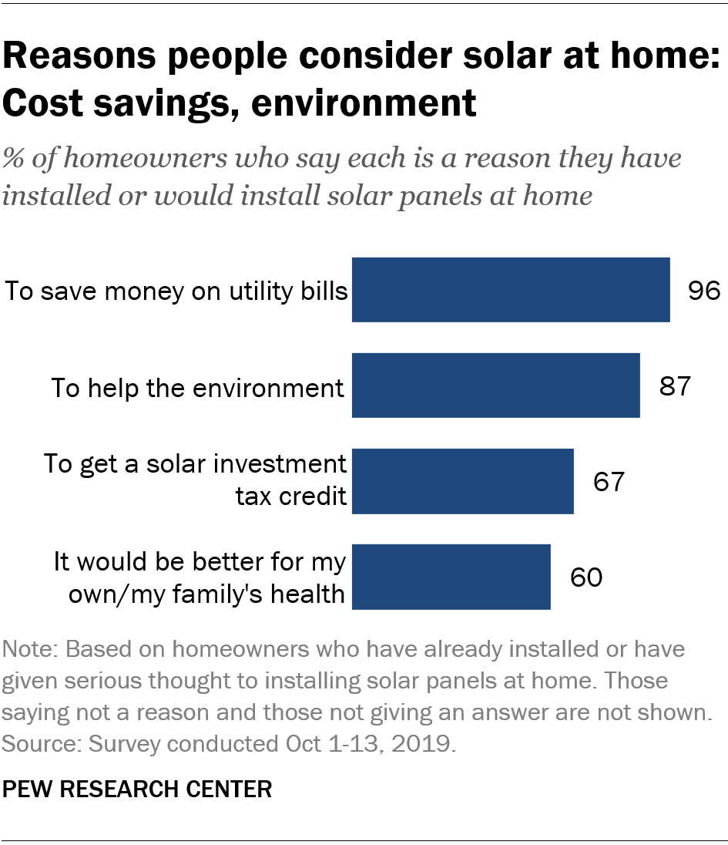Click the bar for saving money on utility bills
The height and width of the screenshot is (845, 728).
pyautogui.click(x=511, y=289)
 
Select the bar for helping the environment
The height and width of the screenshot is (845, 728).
pyautogui.click(x=495, y=385)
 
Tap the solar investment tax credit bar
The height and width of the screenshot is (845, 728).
pyautogui.click(x=462, y=481)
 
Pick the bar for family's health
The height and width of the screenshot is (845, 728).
pyautogui.click(x=451, y=577)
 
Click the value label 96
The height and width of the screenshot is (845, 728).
pyautogui.click(x=703, y=291)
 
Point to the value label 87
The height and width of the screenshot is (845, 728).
pyautogui.click(x=675, y=386)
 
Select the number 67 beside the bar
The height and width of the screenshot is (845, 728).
pyautogui.click(x=608, y=482)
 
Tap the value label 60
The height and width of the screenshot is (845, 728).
pyautogui.click(x=585, y=577)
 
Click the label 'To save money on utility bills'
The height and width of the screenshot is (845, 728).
pyautogui.click(x=176, y=291)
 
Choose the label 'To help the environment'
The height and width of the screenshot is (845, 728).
pyautogui.click(x=197, y=387)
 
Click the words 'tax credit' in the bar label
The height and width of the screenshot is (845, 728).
pyautogui.click(x=290, y=495)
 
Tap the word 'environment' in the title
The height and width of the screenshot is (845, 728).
pyautogui.click(x=362, y=103)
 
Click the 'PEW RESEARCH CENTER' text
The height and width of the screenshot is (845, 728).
pyautogui.click(x=138, y=789)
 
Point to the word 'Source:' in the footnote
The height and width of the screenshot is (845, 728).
pyautogui.click(x=43, y=745)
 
